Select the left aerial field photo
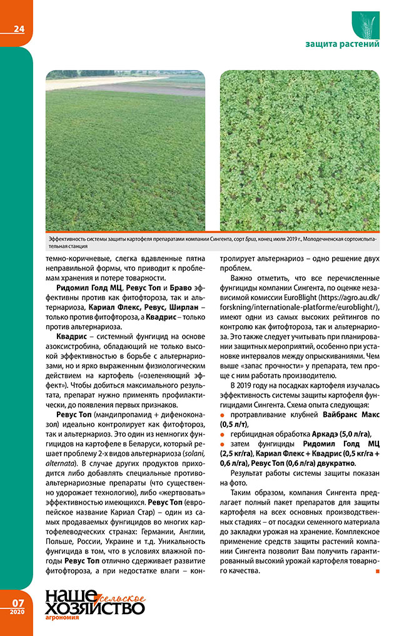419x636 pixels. [x=125, y=150]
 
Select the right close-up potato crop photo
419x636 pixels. [x=299, y=150]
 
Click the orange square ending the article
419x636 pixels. [x=376, y=572]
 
